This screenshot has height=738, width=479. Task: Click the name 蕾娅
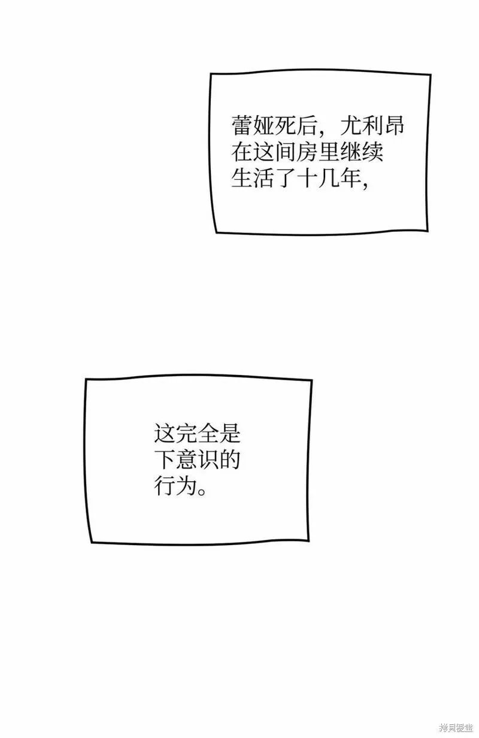tap(253, 126)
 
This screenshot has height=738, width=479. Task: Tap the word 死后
tap(296, 126)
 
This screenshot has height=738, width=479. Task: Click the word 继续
tap(362, 152)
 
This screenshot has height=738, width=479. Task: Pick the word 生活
tap(253, 179)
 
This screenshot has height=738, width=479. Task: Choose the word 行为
tap(175, 486)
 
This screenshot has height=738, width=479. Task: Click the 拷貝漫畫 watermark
tap(457, 727)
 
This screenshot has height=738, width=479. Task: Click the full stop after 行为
tap(202, 492)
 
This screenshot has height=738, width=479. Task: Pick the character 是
tap(229, 433)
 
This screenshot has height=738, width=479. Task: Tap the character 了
tap(285, 179)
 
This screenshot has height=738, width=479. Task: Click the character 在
tap(242, 152)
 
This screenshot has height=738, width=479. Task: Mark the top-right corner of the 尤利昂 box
tap(431, 75)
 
